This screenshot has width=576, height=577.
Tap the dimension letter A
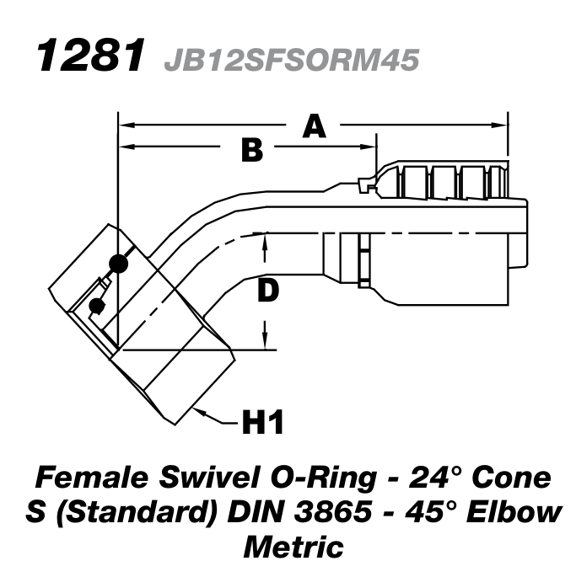coord(313,126)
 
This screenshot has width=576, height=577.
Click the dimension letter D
coord(267,291)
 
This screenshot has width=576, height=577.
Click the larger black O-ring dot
coord(120,264)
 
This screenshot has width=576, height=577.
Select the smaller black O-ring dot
coord(97,305)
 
